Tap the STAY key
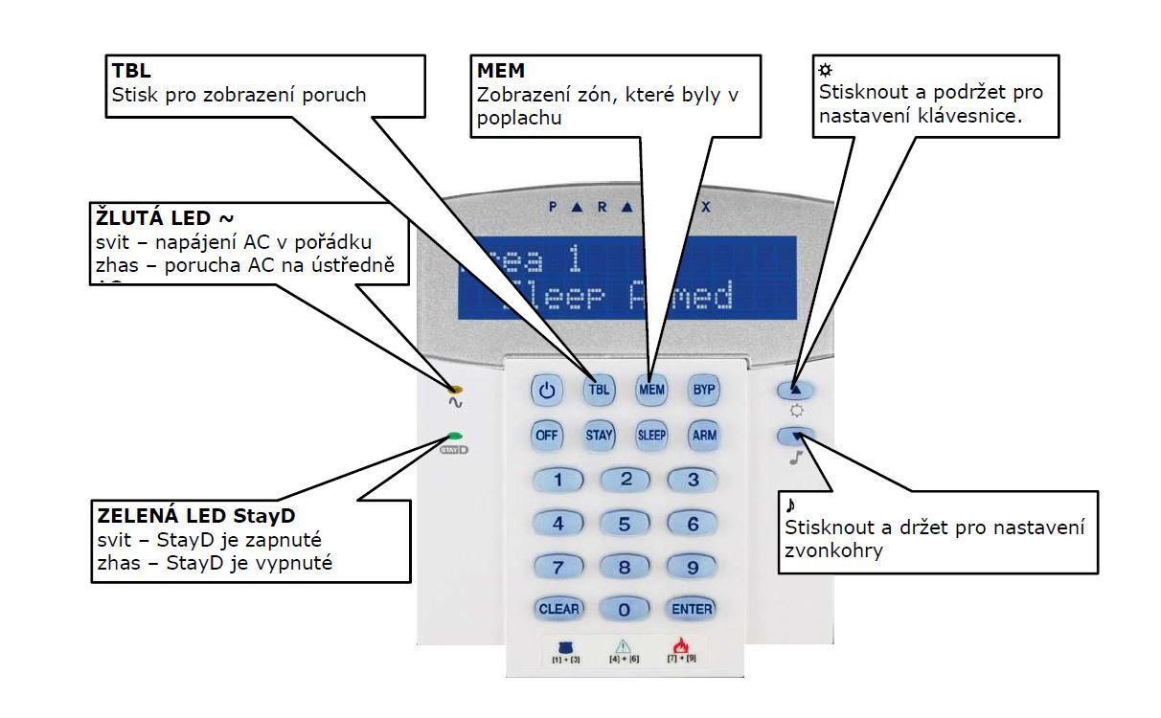(x=599, y=436)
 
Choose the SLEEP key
(x=651, y=436)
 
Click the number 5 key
(x=625, y=524)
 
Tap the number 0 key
(x=625, y=607)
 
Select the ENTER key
(x=692, y=607)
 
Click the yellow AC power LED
(x=455, y=390)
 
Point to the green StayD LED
(x=455, y=437)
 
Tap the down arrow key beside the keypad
(x=796, y=437)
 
